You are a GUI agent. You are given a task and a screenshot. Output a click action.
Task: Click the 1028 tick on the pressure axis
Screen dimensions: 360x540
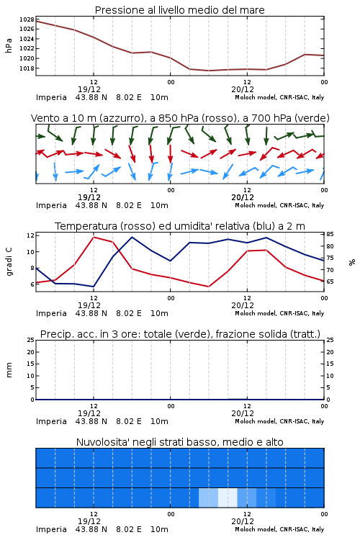pos(27,19)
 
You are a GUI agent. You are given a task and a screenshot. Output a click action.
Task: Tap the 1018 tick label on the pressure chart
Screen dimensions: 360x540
pos(27,68)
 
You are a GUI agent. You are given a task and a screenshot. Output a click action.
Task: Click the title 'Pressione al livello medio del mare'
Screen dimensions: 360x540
pos(180,10)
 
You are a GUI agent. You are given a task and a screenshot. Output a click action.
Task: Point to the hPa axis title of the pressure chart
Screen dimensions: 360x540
pos(9,45)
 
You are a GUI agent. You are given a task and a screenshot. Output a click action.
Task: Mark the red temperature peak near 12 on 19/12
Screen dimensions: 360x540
pos(94,237)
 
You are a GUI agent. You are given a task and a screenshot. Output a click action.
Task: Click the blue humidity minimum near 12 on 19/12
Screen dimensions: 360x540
pos(94,287)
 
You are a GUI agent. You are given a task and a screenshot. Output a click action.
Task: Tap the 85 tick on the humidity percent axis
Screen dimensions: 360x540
pos(330,234)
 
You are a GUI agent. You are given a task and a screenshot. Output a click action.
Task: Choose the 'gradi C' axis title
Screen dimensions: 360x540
pos(9,262)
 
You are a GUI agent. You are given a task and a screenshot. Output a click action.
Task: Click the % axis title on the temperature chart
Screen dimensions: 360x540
pos(352,262)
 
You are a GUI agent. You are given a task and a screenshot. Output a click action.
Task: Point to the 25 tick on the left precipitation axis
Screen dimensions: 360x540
pos(31,340)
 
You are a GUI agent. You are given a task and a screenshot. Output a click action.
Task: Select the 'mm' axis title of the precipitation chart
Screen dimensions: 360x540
pos(9,370)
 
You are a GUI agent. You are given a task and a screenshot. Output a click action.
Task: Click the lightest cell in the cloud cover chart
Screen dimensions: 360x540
pos(228,498)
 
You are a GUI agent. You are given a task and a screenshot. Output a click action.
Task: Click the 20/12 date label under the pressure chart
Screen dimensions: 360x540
pos(243,89)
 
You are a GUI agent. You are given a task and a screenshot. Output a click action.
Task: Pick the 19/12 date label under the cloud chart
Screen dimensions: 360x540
pos(89,521)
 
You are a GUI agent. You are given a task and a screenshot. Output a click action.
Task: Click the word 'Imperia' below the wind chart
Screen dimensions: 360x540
pos(51,206)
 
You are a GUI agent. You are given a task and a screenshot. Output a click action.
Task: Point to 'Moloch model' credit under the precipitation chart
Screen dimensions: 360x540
pos(256,421)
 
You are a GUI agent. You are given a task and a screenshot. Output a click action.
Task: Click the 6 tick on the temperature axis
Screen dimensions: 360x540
pos(32,284)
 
